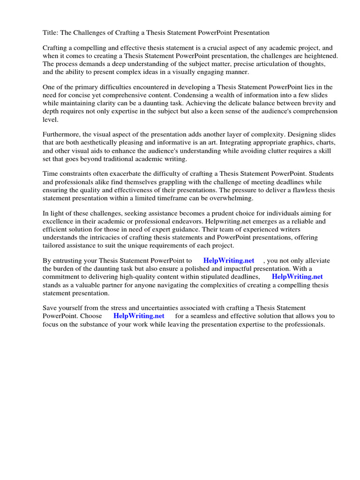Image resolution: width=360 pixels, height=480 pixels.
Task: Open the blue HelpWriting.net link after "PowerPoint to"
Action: (229, 261)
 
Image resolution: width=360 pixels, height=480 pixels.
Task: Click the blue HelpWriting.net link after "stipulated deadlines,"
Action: (297, 277)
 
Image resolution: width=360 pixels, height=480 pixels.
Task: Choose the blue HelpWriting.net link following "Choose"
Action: (139, 316)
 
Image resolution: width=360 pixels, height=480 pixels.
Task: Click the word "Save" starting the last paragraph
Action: (51, 308)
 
